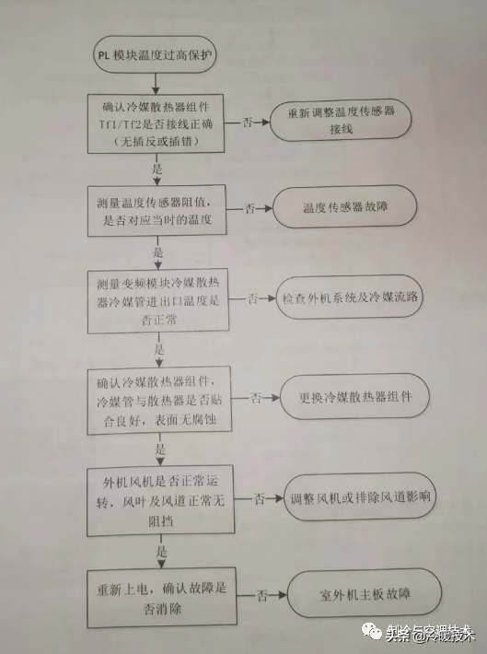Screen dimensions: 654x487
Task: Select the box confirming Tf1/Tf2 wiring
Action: tap(157, 123)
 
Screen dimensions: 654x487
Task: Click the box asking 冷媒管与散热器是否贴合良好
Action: tap(160, 403)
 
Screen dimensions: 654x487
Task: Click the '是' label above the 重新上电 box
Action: tap(162, 552)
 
